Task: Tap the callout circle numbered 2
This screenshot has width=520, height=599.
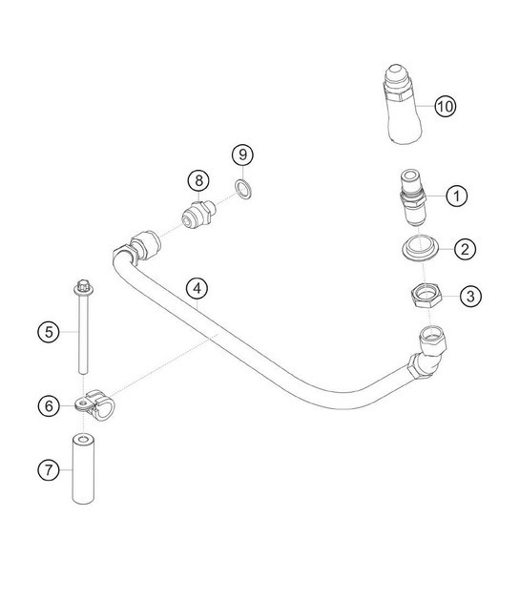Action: tap(464, 250)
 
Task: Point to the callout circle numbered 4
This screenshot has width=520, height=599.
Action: tap(196, 287)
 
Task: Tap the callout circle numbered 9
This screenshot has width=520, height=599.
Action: tap(243, 154)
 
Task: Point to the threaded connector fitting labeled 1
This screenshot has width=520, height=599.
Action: tap(411, 197)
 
